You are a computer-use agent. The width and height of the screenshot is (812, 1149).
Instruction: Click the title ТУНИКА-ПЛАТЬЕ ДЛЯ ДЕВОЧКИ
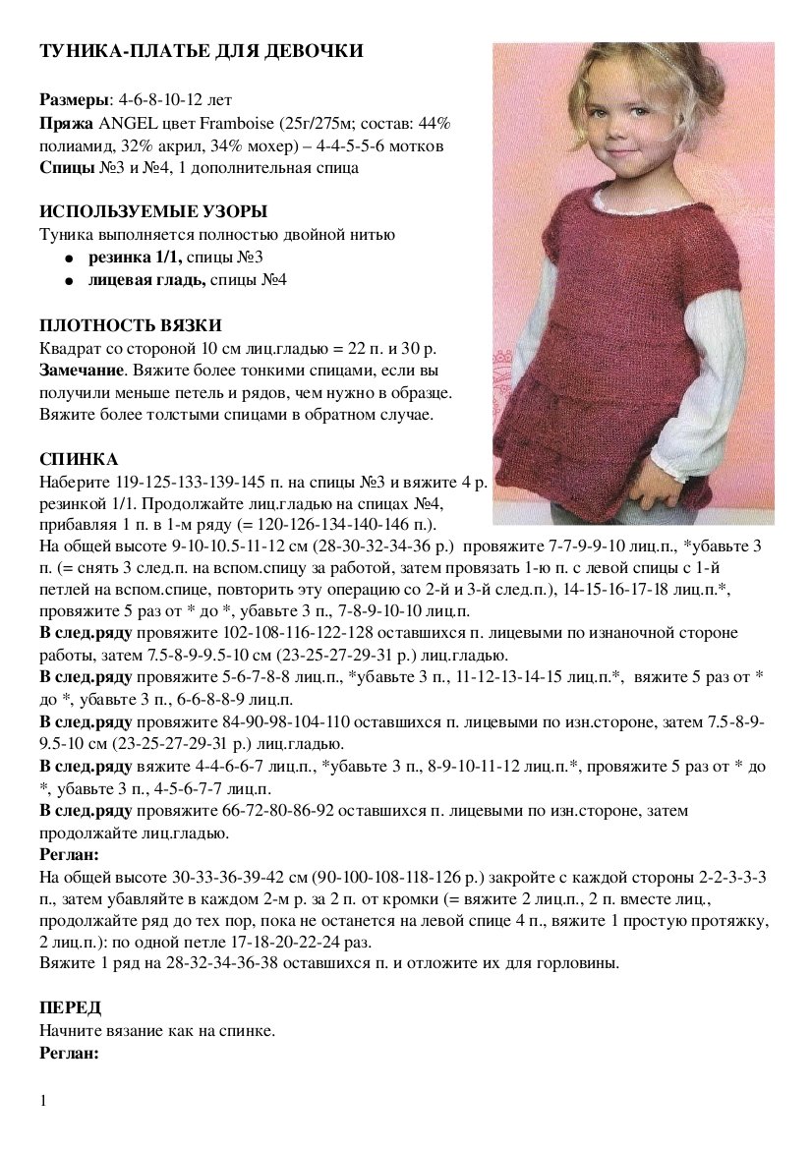pyautogui.click(x=202, y=51)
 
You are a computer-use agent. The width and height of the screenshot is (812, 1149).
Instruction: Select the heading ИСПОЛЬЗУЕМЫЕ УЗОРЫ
pyautogui.click(x=153, y=212)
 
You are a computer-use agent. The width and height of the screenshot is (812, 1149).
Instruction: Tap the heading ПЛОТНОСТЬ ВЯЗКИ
pyautogui.click(x=131, y=325)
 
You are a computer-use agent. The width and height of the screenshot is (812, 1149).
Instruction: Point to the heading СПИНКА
pyautogui.click(x=79, y=460)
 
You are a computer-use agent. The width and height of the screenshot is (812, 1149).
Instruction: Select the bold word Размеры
pyautogui.click(x=76, y=100)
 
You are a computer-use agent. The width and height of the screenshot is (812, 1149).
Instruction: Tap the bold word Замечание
pyautogui.click(x=81, y=371)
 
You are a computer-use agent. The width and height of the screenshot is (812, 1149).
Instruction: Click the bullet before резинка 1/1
pyautogui.click(x=69, y=259)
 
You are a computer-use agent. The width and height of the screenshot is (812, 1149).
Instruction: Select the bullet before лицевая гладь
pyautogui.click(x=69, y=282)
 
